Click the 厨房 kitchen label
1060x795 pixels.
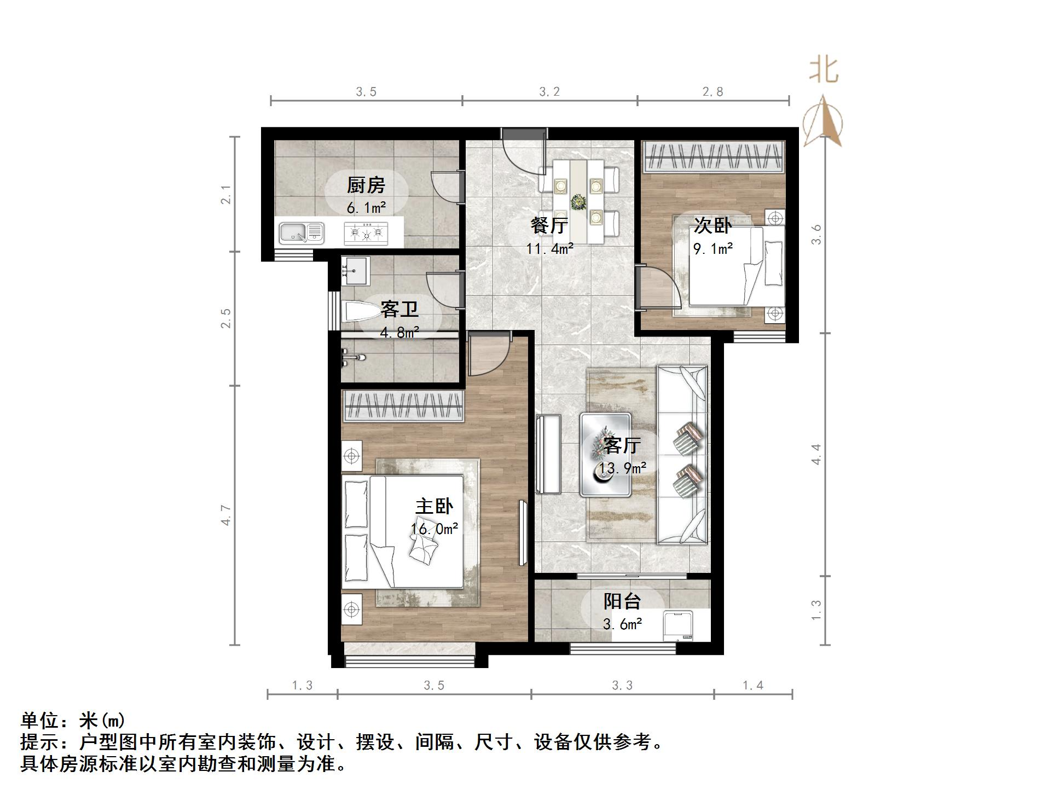point(366,185)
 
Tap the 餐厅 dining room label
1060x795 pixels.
point(549,225)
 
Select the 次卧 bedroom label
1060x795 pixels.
point(713,225)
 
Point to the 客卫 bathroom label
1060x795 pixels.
point(399,310)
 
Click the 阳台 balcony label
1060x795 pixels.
point(622,601)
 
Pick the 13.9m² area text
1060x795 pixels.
point(622,468)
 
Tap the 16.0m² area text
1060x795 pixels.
point(435,529)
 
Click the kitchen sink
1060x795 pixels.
point(302,233)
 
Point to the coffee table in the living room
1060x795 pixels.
point(605,455)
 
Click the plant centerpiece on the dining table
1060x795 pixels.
point(577,202)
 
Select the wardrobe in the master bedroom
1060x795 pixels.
point(403,406)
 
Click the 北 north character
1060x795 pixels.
point(824,71)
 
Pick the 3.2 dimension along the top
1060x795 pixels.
point(549,92)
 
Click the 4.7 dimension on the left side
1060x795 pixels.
point(226,515)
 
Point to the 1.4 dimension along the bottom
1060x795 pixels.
point(752,686)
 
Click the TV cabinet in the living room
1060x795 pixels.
point(549,454)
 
